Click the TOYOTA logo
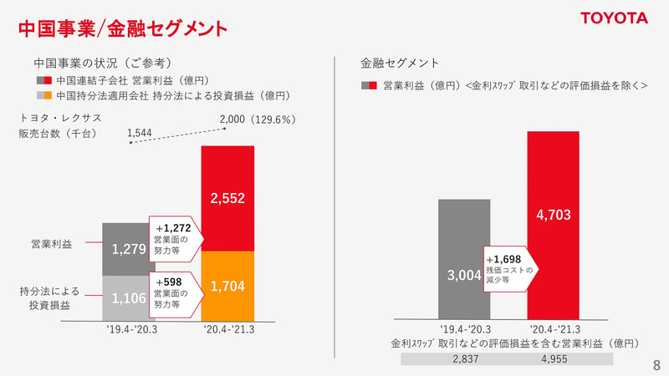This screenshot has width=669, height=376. click(x=615, y=18)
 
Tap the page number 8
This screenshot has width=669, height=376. click(x=656, y=365)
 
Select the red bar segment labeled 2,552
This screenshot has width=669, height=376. click(x=227, y=198)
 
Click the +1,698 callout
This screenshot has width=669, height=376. click(x=509, y=267)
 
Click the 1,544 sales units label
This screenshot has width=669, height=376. click(x=140, y=132)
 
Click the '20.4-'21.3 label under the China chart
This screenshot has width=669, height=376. click(x=227, y=331)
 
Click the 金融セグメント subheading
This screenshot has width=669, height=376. click(x=400, y=63)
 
